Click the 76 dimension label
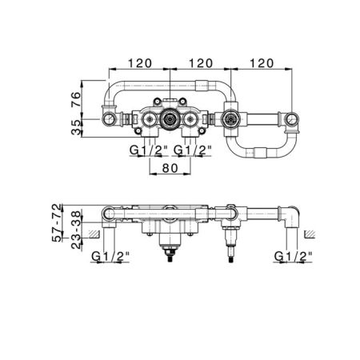point(76,99)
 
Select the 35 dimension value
point(76,128)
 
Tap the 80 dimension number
point(170,168)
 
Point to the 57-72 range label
point(57,222)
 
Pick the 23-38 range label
point(76,230)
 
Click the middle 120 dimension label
point(201,63)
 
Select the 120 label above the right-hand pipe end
point(262,63)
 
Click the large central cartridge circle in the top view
point(170,119)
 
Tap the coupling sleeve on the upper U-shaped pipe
point(202,86)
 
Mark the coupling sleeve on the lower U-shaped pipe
point(260,153)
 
